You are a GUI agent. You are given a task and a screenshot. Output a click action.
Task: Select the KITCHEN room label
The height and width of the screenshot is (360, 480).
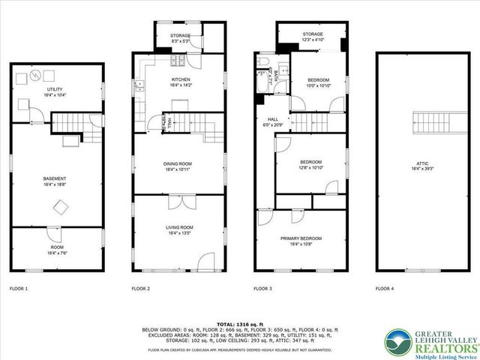[180, 79]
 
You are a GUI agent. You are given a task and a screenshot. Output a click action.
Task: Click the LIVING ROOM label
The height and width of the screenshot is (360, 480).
[179, 227]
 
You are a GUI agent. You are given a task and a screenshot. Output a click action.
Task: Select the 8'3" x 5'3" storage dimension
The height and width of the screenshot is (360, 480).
[180, 42]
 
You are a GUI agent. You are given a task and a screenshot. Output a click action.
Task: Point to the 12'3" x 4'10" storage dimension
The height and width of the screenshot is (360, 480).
[313, 40]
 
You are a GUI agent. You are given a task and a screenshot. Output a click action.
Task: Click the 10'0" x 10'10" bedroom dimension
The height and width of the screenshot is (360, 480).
[318, 85]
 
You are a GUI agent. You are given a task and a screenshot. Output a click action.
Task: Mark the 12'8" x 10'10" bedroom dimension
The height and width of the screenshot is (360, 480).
[310, 169]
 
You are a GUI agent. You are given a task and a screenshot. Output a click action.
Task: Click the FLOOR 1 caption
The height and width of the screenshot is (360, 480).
[18, 289]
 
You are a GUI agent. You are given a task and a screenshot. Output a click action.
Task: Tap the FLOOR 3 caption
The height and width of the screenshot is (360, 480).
[262, 289]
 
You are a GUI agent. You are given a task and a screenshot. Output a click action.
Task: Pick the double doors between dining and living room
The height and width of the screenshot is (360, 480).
[179, 201]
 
